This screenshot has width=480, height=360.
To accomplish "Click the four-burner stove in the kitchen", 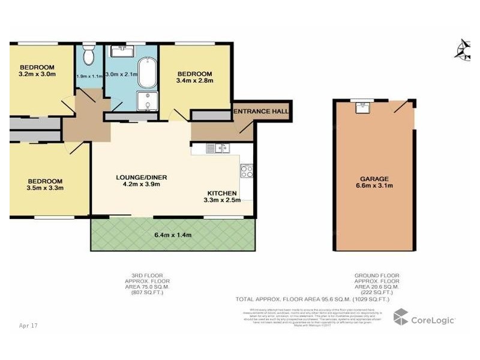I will pyautogui.click(x=247, y=171).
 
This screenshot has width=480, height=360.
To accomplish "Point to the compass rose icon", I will pyautogui.click(x=463, y=49).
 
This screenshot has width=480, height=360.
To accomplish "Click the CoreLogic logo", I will pyautogui.click(x=424, y=319).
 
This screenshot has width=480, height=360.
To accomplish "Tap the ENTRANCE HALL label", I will pyautogui.click(x=261, y=112).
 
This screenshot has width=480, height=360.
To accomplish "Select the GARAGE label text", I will pyautogui.click(x=374, y=179).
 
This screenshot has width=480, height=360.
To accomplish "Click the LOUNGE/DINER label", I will pyautogui.click(x=141, y=177).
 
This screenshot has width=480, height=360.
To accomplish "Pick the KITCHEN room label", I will pyautogui.click(x=222, y=193).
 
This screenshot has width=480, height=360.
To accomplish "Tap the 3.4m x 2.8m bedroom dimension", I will pyautogui.click(x=195, y=80).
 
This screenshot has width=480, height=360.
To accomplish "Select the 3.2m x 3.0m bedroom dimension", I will pyautogui.click(x=37, y=75).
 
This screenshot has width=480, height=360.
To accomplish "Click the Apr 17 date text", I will pyautogui.click(x=28, y=325).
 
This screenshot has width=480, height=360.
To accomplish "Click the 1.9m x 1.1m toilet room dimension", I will pyautogui.click(x=89, y=76).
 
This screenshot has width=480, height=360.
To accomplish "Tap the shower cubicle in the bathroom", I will pyautogui.click(x=146, y=101).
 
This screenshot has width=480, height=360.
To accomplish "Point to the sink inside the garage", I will pyautogui.click(x=362, y=108).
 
